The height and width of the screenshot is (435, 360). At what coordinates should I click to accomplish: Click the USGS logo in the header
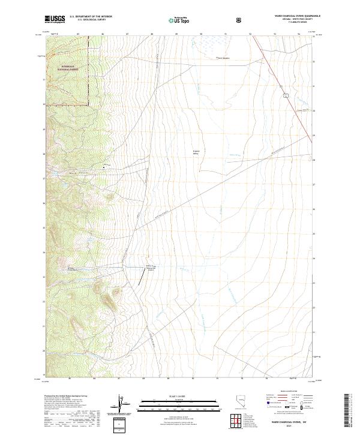(55, 20)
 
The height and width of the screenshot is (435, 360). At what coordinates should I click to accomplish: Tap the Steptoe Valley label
(196, 152)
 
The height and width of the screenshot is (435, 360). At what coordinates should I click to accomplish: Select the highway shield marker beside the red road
(286, 95)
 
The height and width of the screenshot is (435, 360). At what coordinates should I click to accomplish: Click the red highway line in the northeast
(282, 84)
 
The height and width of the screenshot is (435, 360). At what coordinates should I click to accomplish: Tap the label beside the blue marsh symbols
(223, 58)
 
